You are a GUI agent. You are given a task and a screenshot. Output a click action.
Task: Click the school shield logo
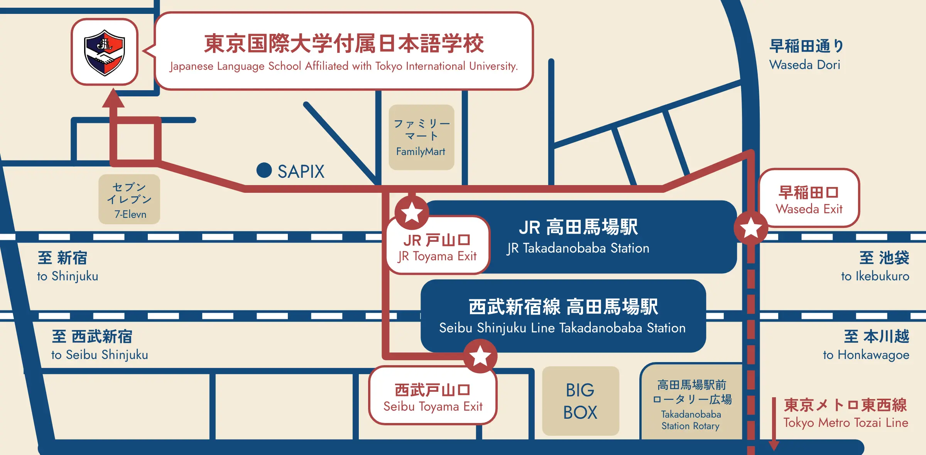pyautogui.click(x=105, y=52)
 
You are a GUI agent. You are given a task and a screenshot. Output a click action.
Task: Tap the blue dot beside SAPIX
pyautogui.click(x=264, y=170)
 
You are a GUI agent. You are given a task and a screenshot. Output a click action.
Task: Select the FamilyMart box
pyautogui.click(x=421, y=137)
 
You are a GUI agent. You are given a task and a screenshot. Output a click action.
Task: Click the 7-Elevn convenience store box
pyautogui.click(x=129, y=199)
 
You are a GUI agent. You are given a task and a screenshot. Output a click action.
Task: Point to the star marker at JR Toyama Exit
pyautogui.click(x=412, y=212)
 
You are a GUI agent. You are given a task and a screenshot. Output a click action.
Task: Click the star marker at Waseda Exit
pyautogui.click(x=751, y=228)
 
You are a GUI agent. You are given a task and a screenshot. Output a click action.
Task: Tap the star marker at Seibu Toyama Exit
pyautogui.click(x=480, y=356)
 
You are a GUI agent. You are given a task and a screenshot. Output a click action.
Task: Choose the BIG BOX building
pyautogui.click(x=580, y=401)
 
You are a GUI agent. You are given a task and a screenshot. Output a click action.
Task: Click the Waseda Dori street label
pyautogui.click(x=806, y=55)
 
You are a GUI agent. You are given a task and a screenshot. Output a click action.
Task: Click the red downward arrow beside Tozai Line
pyautogui.click(x=774, y=424)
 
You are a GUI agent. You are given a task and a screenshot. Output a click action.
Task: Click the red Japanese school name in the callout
pyautogui.click(x=344, y=43)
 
